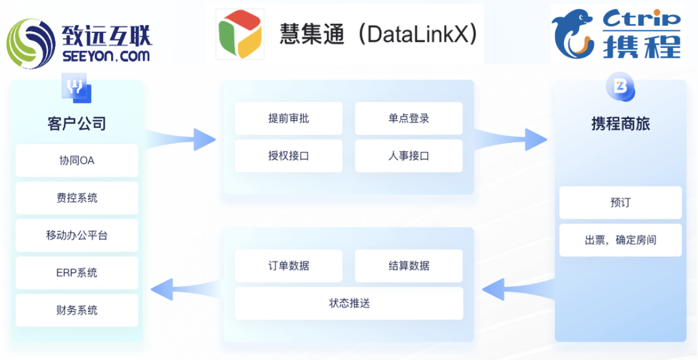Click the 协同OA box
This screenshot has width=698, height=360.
[76, 160]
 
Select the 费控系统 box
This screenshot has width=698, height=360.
[76, 198]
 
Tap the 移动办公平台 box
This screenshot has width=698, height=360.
[76, 235]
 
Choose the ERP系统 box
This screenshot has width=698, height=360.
[76, 273]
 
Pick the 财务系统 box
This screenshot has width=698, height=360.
[76, 310]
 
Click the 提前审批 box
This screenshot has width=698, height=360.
[288, 118]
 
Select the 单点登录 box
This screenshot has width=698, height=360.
[408, 118]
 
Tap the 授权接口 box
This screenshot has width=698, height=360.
[288, 156]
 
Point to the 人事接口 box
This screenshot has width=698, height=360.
[408, 156]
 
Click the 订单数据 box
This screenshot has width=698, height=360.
[288, 266]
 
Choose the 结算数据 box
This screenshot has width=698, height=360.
[408, 266]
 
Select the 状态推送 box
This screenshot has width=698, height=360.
[349, 303]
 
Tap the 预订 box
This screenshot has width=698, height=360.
[620, 202]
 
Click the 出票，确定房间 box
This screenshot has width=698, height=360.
[620, 240]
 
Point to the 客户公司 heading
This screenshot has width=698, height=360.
[76, 123]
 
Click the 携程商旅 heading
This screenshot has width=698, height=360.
[620, 123]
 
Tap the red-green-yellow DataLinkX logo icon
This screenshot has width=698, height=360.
[240, 34]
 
